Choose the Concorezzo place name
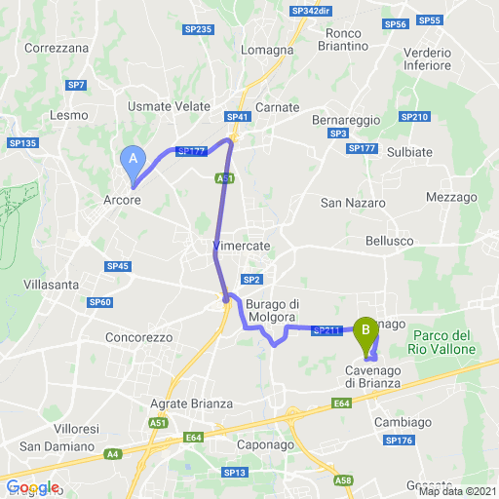pos(139,337)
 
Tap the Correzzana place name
pos(57,46)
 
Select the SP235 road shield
pos(197,30)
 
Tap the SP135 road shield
pos(21,143)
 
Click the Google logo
pos(33,487)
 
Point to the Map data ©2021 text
pos(457,490)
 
